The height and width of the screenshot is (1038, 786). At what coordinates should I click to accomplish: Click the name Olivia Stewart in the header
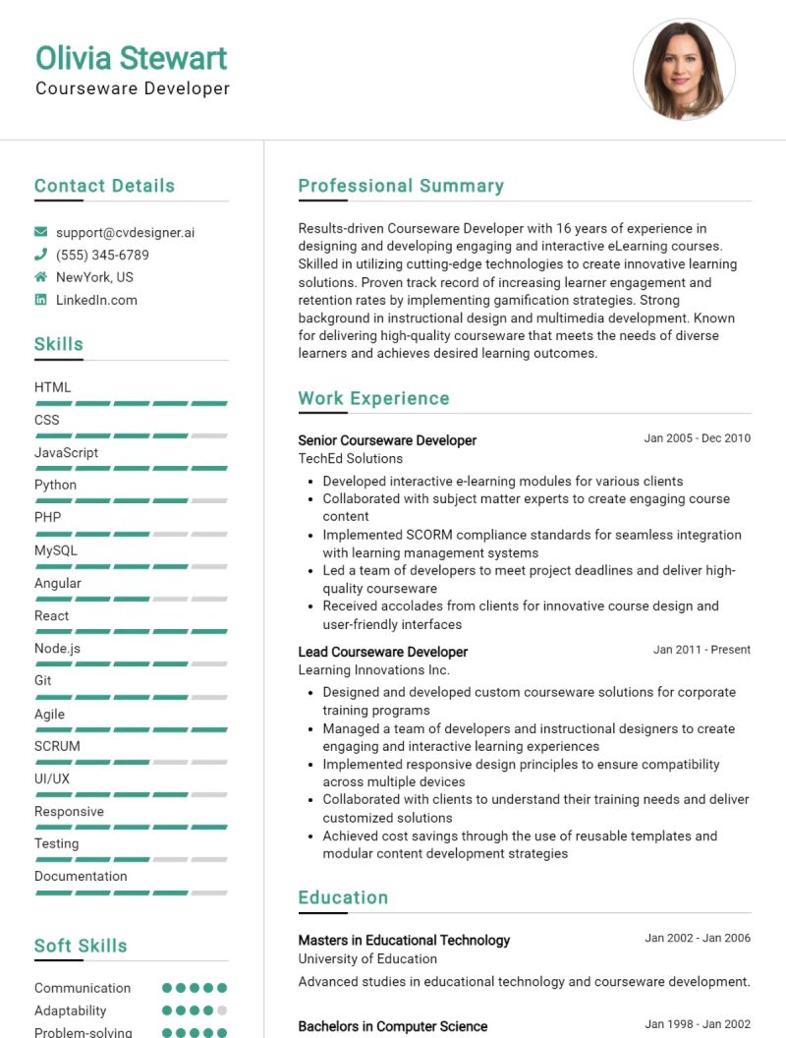(131, 58)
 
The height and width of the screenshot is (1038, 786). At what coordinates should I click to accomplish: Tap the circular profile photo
(684, 70)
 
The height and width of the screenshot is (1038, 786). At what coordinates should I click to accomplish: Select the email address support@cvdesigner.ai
(125, 233)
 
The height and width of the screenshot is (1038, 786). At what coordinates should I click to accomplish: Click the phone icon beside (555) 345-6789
(40, 256)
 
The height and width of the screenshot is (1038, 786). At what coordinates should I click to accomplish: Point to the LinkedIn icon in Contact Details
(40, 300)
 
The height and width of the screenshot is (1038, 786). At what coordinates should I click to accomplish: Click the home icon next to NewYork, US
(40, 277)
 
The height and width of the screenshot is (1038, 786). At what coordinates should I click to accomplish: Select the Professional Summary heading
(401, 186)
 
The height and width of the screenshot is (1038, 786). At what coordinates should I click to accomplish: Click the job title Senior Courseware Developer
(387, 440)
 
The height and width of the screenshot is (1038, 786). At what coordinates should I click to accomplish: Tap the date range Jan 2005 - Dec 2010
(697, 438)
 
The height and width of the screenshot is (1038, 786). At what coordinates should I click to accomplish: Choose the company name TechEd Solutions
(350, 458)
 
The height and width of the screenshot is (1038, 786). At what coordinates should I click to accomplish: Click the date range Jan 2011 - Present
(702, 650)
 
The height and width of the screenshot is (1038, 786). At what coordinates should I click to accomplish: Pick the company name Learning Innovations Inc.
(373, 669)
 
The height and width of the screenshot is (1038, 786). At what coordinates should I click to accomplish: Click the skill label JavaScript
(66, 452)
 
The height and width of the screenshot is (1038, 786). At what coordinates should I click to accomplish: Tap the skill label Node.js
(57, 649)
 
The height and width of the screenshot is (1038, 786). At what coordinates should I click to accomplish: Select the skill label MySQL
(55, 550)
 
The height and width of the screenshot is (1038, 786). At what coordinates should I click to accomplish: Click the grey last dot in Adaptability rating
(222, 1010)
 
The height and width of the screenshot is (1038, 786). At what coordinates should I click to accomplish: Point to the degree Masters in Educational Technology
(404, 940)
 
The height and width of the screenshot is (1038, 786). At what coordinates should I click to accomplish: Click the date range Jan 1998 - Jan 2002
(697, 1023)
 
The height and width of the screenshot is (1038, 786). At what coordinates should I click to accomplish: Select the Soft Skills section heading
(81, 946)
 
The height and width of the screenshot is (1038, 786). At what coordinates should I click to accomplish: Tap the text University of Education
(367, 958)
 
